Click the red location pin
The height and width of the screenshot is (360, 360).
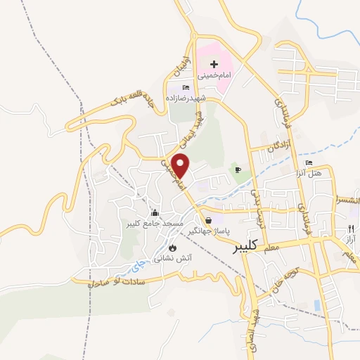point(181,165)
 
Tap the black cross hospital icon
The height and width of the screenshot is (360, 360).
point(214,65)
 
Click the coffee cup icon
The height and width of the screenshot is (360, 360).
point(238,169)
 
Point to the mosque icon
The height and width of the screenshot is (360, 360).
point(155,212)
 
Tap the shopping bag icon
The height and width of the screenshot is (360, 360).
point(207,220)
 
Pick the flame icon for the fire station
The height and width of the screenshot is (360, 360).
point(173,247)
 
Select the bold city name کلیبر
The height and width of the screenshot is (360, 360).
point(245,247)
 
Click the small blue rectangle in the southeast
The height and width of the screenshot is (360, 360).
point(317,305)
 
